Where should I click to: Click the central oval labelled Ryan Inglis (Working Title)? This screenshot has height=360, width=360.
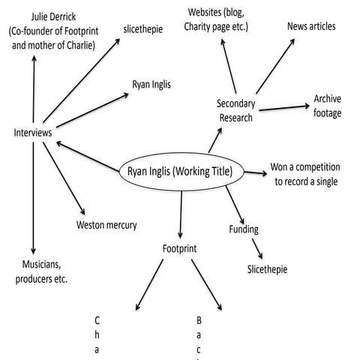(179, 172)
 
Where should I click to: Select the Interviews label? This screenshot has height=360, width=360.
(32, 133)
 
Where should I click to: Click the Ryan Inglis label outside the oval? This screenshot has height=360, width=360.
(151, 85)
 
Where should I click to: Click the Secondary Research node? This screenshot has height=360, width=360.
(235, 109)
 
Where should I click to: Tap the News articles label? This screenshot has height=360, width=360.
(311, 26)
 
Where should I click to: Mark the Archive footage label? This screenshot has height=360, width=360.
(328, 106)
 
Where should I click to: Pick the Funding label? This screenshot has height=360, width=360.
(244, 229)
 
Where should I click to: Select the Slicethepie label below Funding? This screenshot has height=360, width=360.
(268, 268)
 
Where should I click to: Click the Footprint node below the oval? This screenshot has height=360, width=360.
(181, 247)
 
